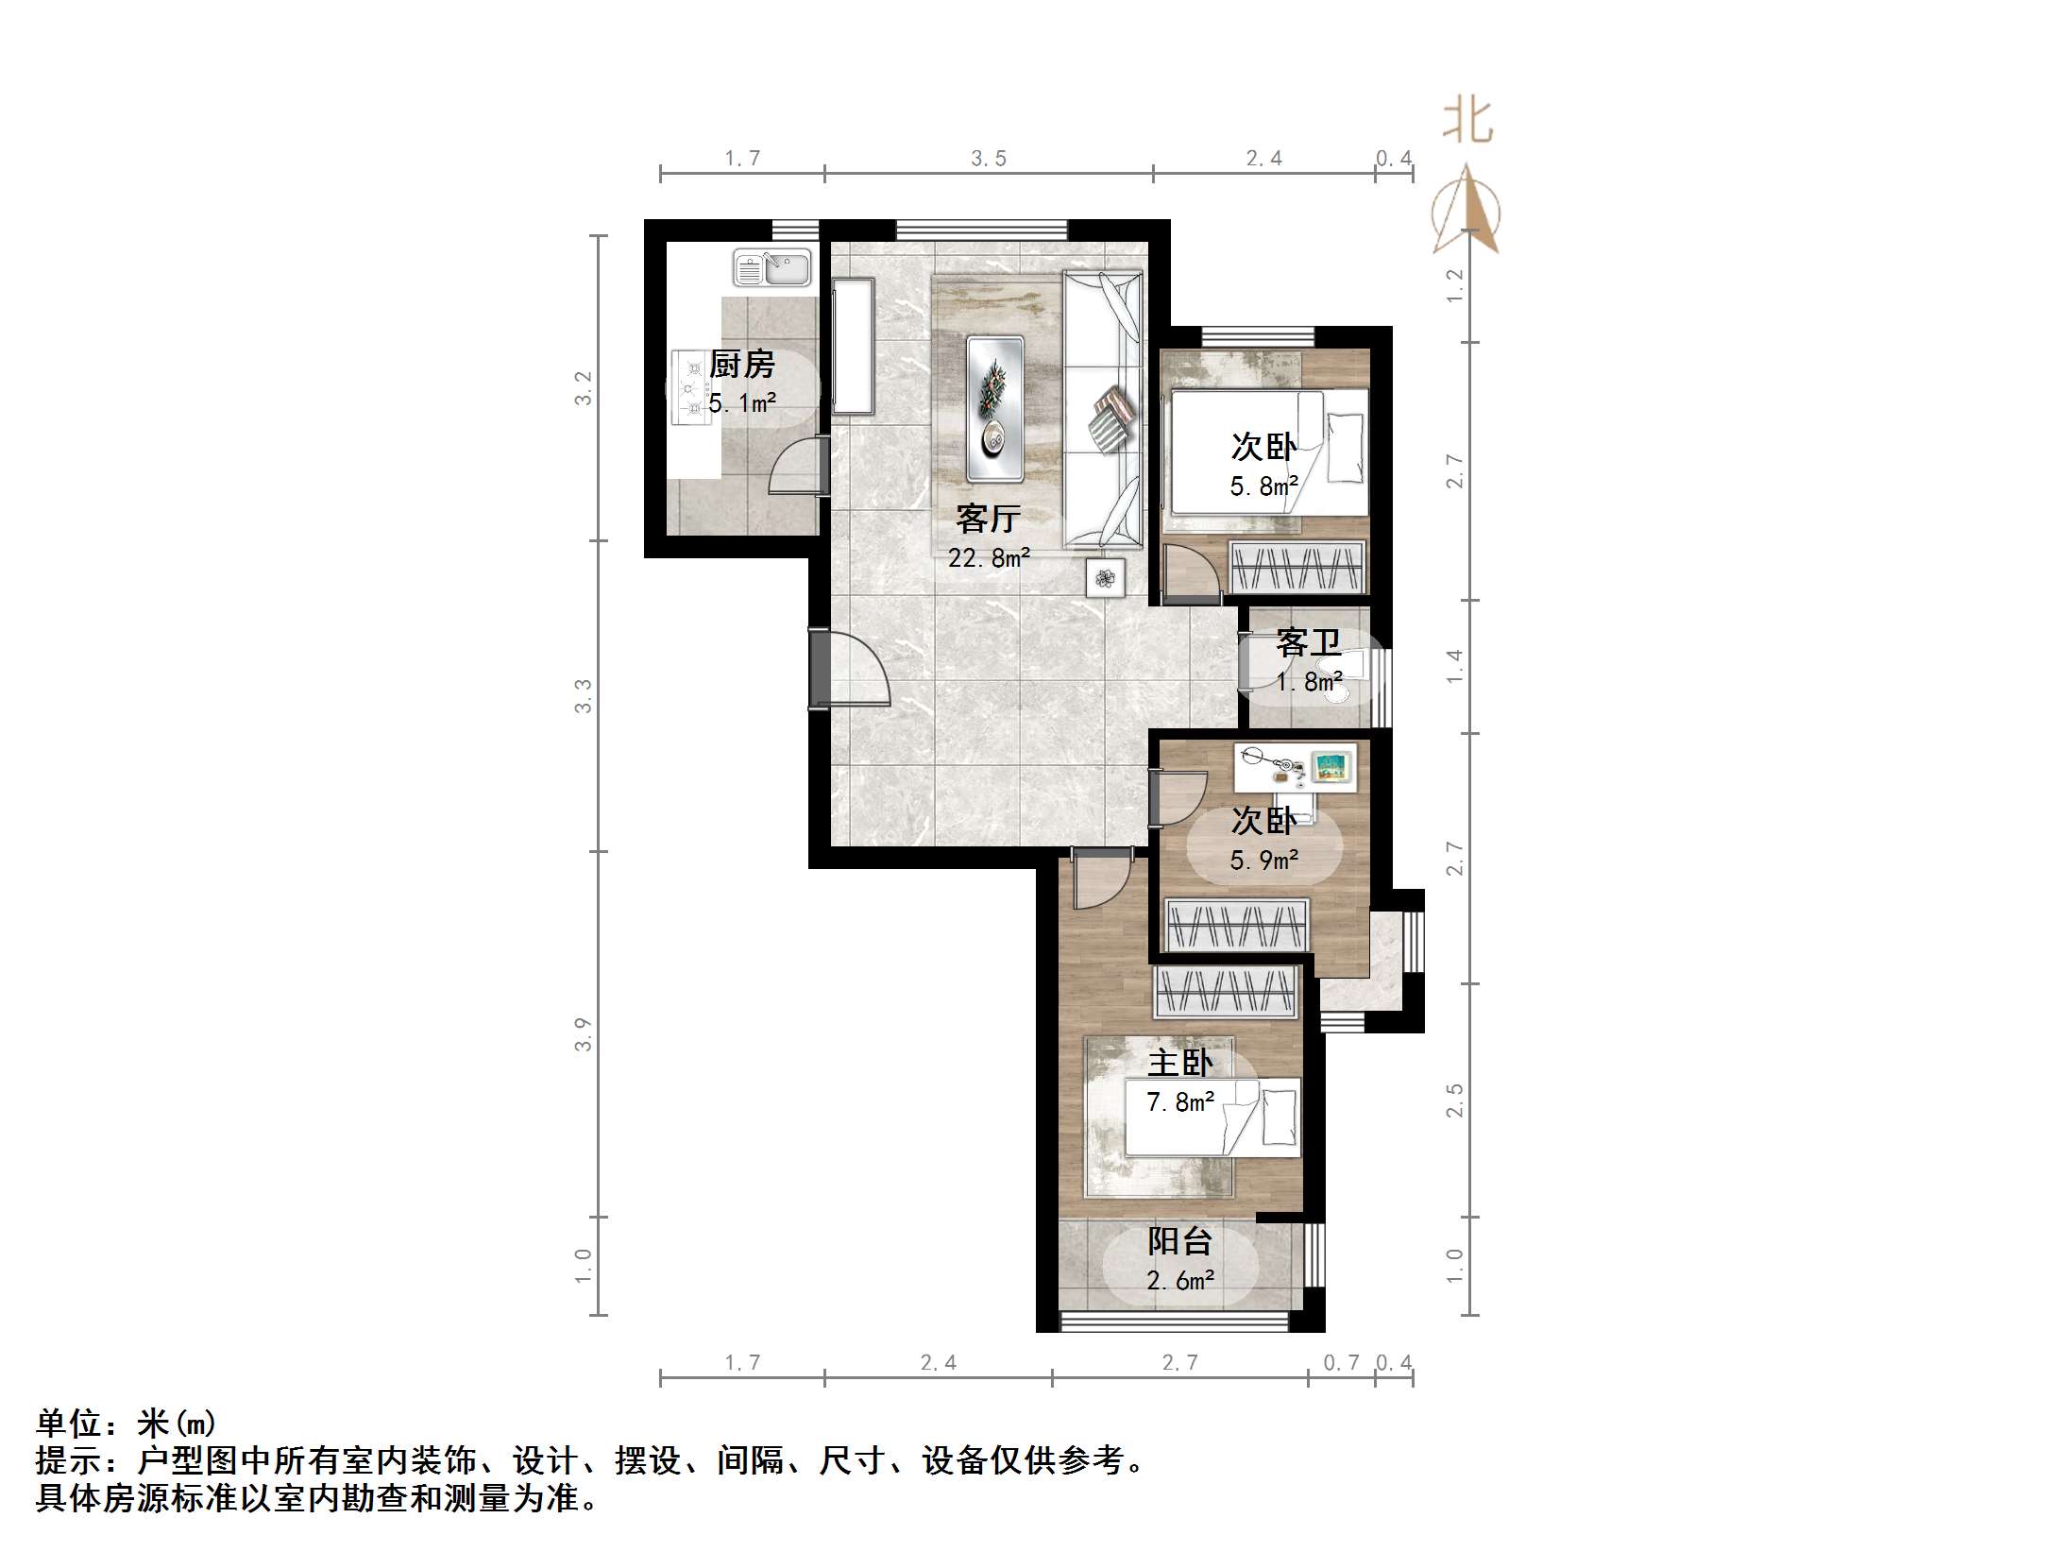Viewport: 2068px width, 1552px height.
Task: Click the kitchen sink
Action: [x=772, y=267]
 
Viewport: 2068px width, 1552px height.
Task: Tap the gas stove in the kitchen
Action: [x=688, y=387]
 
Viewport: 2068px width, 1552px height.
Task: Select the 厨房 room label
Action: [x=742, y=364]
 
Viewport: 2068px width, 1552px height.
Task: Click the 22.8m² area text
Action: [x=989, y=558]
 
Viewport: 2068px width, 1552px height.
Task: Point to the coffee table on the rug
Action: [x=994, y=409]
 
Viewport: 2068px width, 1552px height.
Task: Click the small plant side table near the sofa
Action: [x=1105, y=577]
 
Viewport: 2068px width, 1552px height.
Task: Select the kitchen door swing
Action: [x=796, y=468]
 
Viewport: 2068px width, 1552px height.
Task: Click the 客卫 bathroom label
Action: [x=1309, y=643]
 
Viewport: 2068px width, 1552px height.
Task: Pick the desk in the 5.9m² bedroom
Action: [x=1296, y=766]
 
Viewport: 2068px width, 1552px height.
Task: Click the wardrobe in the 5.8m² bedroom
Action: [x=1297, y=567]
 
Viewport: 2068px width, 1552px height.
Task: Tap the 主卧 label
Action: [x=1180, y=1064]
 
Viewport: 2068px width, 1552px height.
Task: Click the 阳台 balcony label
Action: [x=1180, y=1241]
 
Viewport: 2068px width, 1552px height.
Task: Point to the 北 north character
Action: [x=1466, y=121]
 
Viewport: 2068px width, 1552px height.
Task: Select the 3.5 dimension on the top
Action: [x=989, y=159]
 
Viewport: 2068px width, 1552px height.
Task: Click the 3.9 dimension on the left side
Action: [x=584, y=1034]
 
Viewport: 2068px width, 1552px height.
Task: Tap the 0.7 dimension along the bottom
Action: [x=1341, y=1362]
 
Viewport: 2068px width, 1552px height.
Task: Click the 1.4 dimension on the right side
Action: [x=1455, y=666]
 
